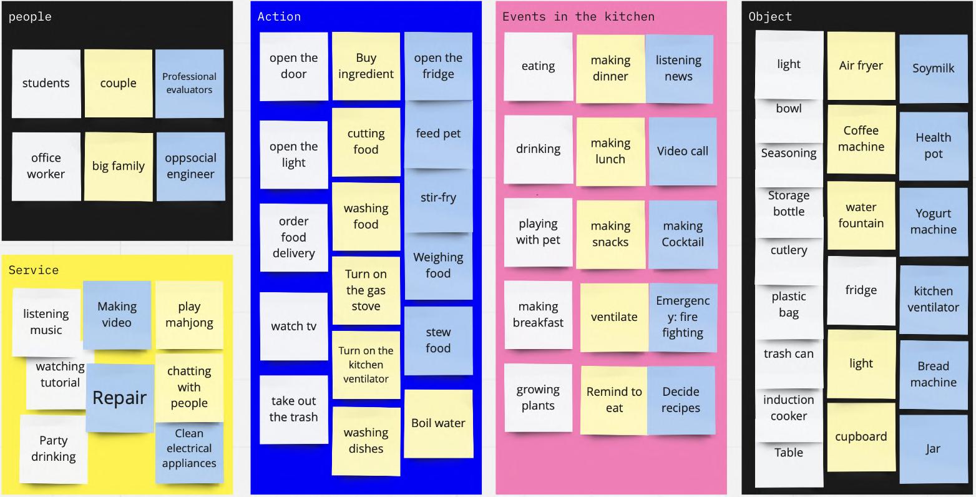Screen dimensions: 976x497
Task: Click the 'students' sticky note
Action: (46, 84)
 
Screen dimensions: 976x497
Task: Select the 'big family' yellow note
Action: (119, 166)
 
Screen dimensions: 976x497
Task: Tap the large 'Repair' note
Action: (120, 398)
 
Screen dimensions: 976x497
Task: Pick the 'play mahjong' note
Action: (189, 315)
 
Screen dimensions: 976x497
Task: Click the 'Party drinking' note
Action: (54, 448)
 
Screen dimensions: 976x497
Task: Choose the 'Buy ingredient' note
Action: (366, 66)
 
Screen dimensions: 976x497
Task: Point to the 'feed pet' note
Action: (438, 134)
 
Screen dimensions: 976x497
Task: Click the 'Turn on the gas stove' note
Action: (366, 290)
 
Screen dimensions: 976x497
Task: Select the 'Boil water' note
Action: (438, 423)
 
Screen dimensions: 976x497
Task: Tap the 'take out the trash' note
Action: (293, 409)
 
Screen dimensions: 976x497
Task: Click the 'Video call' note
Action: (683, 151)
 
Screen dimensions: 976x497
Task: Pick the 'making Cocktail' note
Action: (683, 234)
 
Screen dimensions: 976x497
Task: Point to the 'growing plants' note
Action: (538, 398)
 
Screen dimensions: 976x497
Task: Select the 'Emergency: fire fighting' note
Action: (683, 317)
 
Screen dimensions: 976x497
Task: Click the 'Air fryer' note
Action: (861, 66)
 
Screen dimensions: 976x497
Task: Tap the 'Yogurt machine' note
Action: (934, 221)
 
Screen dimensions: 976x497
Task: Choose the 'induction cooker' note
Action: (789, 408)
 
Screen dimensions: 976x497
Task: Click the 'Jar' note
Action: (934, 449)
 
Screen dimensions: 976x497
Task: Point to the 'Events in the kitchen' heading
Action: (578, 17)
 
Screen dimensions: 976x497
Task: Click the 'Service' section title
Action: (34, 270)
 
